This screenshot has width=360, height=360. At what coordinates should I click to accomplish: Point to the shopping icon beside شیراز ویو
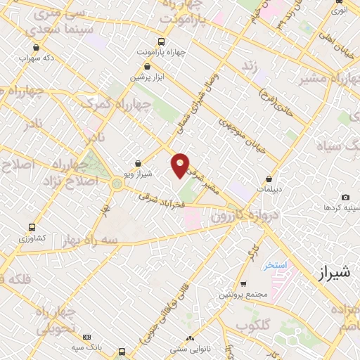(138, 163)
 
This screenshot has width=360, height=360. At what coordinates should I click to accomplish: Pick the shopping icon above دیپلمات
(269, 178)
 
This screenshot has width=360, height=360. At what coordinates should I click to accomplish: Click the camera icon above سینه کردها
(345, 198)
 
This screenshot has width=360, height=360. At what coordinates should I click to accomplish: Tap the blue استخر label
(275, 265)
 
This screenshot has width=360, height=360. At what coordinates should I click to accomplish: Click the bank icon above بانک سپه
(86, 337)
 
